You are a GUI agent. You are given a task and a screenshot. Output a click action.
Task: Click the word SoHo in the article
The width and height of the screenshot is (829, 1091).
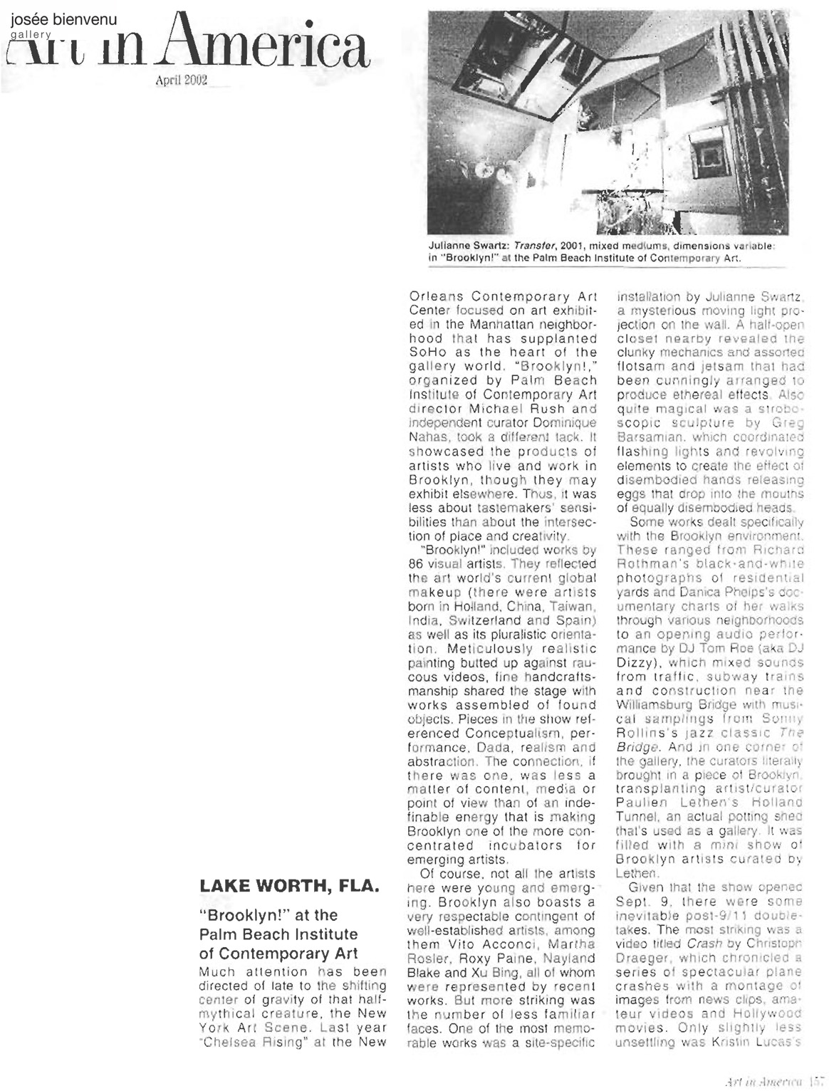[x=431, y=352]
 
